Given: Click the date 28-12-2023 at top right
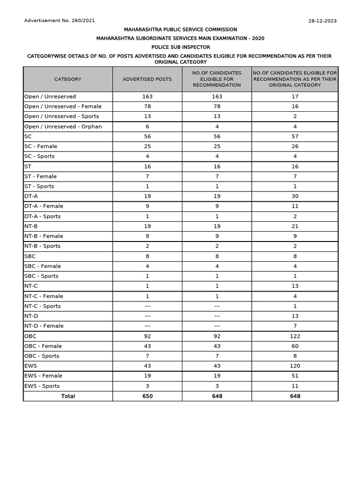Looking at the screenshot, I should (322, 21).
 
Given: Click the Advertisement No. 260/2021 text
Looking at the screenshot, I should (59, 21).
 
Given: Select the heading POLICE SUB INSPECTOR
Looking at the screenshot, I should (181, 47).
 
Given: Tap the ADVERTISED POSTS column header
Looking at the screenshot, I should (147, 79).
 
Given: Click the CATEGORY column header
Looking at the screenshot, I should (68, 79).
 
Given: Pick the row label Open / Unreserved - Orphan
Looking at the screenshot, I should (63, 126).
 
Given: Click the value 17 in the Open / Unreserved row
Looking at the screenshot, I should (295, 97).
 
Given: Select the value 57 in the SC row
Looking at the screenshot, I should (295, 136).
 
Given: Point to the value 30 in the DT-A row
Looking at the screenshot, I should (295, 196).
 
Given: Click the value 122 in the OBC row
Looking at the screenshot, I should (295, 336).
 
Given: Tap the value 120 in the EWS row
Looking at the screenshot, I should (295, 366).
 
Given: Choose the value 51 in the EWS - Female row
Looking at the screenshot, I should (295, 376).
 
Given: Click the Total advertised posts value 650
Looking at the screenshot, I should (148, 396).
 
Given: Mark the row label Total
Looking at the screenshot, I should (68, 396).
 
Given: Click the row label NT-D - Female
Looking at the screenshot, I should (44, 326).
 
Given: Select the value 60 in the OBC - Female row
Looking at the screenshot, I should (295, 346).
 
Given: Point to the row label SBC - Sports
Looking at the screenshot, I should (41, 276).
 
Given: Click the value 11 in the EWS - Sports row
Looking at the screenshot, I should (295, 386).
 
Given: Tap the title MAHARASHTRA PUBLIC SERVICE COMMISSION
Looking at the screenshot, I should (181, 29).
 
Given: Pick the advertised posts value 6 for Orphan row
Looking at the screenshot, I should (148, 126).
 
